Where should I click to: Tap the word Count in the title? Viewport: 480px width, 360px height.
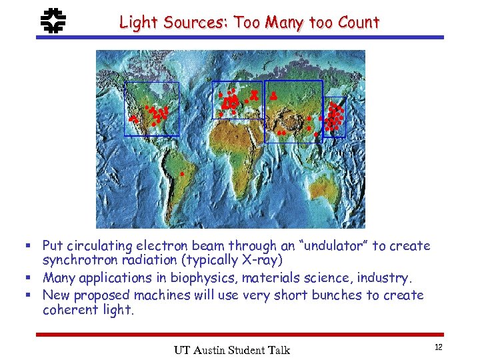coord(358,22)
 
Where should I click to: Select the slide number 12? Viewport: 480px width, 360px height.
coord(437,347)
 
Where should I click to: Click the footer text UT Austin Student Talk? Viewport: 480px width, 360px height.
coord(231,350)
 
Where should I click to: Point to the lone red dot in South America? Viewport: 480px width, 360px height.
coord(181,174)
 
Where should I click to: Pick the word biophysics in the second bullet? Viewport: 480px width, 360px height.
coord(200,277)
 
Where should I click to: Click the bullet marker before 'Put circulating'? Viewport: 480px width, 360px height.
coord(34,246)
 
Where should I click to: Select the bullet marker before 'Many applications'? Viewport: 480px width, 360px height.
coord(34,277)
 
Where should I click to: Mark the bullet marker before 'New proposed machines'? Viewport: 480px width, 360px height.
coord(34,295)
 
